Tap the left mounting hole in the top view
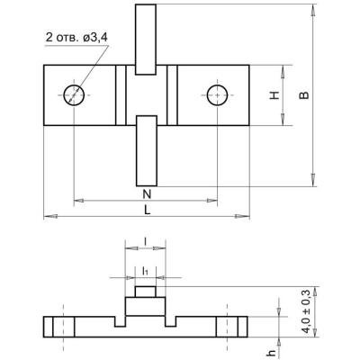pos(73,94)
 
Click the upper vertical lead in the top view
pos(146,40)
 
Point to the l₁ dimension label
pos(145,269)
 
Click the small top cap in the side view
pos(145,292)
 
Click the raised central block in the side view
pos(145,307)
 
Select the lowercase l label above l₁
pos(145,241)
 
